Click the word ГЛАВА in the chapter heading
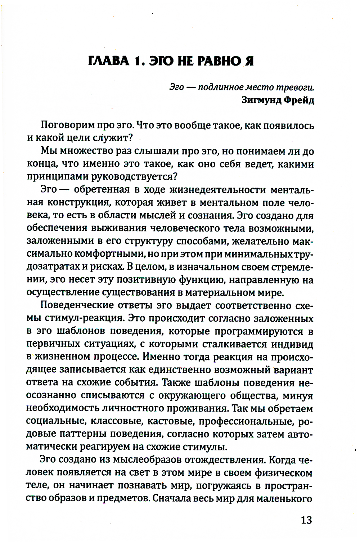pos(108,61)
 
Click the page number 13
pos(306,520)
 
